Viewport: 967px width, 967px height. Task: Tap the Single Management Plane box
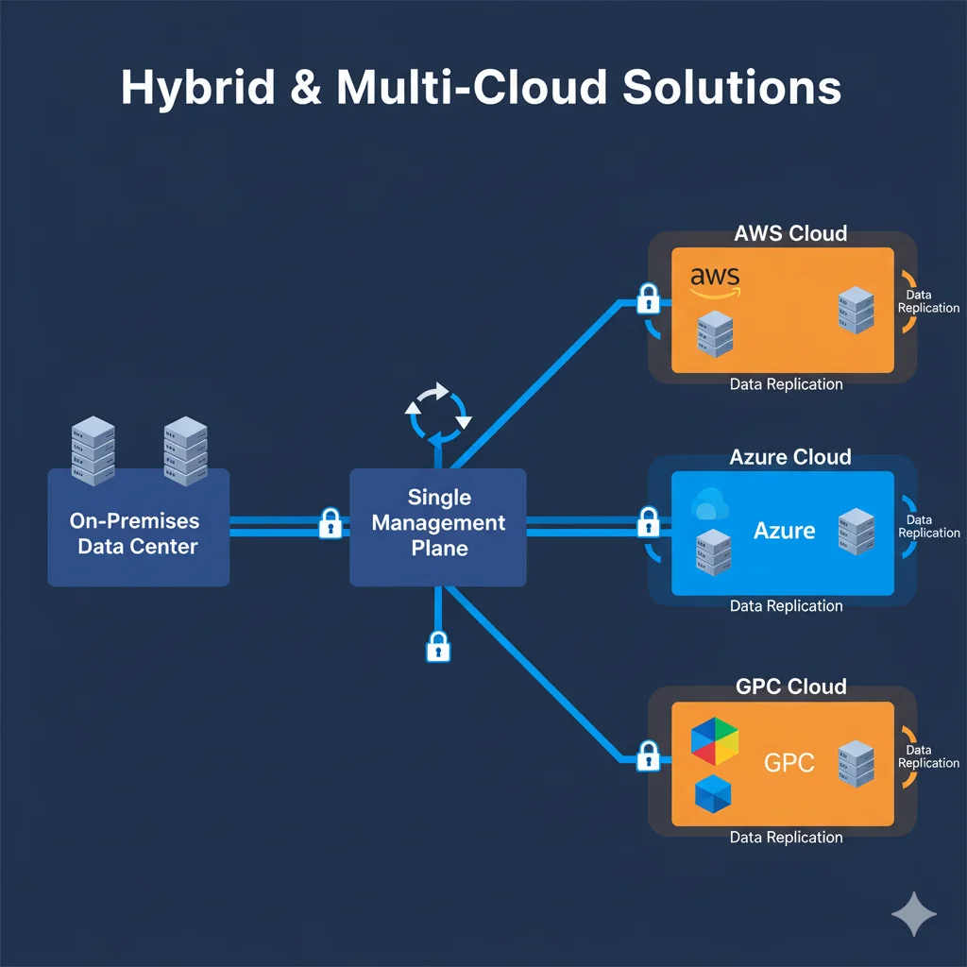(x=438, y=526)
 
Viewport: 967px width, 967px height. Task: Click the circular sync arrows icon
(x=437, y=410)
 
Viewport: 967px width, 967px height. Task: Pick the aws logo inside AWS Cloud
(x=715, y=280)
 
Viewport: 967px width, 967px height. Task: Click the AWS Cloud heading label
(x=789, y=232)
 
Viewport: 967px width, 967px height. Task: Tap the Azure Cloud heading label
(x=789, y=457)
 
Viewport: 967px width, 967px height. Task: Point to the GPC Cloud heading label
(x=789, y=687)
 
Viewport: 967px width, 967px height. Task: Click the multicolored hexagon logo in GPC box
(x=715, y=740)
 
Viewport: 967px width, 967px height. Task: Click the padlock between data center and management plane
(x=330, y=522)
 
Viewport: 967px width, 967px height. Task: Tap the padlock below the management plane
(x=437, y=646)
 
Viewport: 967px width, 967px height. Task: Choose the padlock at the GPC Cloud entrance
(x=648, y=755)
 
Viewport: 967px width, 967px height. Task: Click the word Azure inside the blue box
(x=784, y=531)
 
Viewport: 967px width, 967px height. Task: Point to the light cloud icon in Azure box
(x=709, y=505)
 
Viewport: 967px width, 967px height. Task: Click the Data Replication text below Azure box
(x=786, y=606)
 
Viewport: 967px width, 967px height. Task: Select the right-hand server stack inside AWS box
(x=856, y=311)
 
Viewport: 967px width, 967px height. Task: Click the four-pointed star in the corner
(x=914, y=914)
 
